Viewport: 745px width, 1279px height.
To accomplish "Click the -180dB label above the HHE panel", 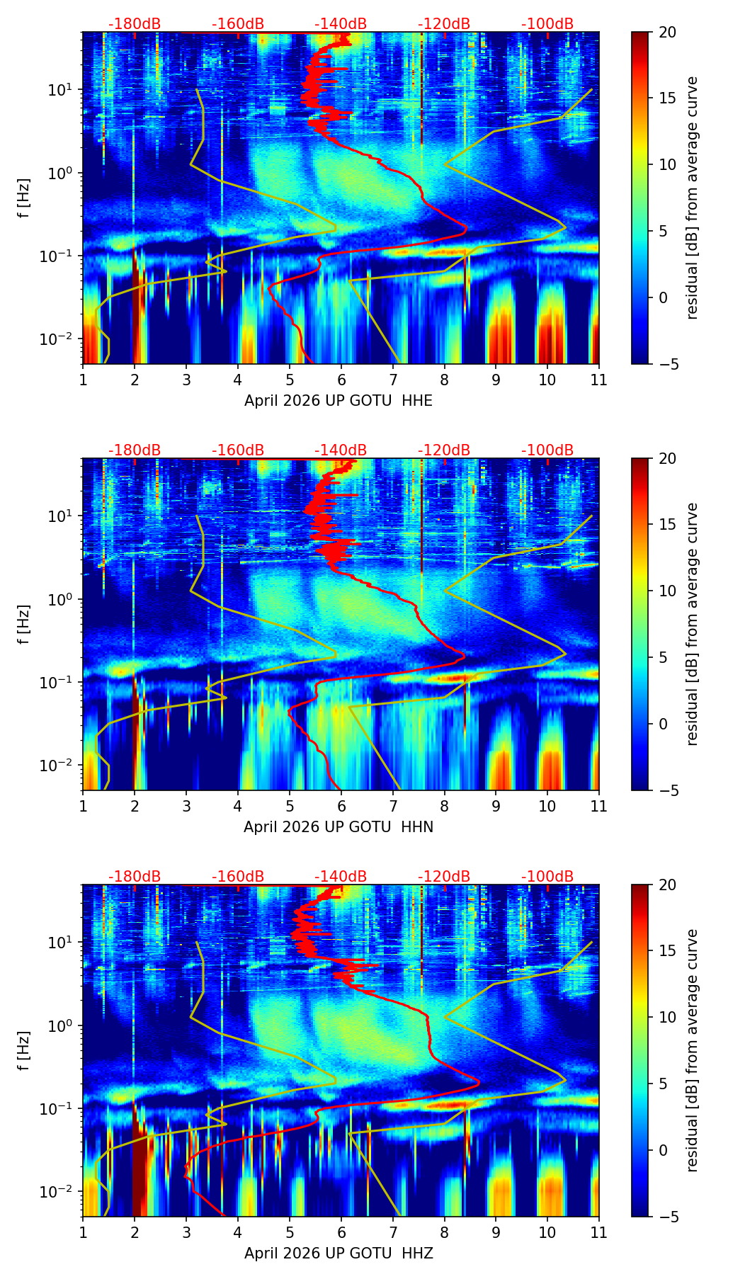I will (x=135, y=24).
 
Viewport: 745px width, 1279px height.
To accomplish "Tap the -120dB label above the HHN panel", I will (x=444, y=450).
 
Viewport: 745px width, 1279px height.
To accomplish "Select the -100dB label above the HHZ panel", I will (x=547, y=877).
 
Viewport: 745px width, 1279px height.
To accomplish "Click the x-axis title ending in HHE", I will (x=339, y=401).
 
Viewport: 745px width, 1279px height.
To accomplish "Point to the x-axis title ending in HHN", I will (x=339, y=827).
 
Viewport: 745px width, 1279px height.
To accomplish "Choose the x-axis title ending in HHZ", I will (x=339, y=1254).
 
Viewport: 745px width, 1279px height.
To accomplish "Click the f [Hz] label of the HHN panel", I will (x=24, y=624).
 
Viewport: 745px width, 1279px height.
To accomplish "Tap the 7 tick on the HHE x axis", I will (x=392, y=380).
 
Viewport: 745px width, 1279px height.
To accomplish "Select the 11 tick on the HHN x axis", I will (x=599, y=806).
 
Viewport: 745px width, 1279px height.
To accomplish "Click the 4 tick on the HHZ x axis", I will (x=238, y=1232).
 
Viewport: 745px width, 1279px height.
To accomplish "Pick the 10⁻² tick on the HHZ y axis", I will (x=61, y=1191).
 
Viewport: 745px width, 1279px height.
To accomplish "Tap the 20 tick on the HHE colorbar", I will (x=667, y=32).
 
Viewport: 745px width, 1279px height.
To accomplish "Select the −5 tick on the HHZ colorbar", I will (x=667, y=1217).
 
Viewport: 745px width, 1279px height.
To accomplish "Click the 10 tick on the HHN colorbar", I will (x=667, y=591).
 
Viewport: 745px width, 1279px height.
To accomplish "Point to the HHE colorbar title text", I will (x=692, y=198).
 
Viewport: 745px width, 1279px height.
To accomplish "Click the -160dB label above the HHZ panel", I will (x=238, y=877).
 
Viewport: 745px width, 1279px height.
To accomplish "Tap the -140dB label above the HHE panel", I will (x=341, y=24).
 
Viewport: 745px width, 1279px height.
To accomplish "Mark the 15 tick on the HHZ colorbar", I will (x=667, y=951).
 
